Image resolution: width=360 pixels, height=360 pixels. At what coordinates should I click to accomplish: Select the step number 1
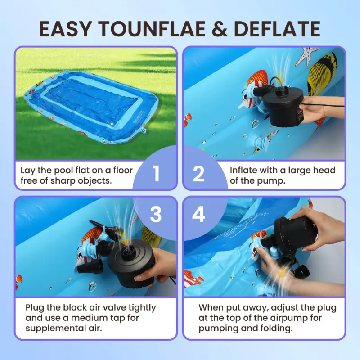tap(156, 174)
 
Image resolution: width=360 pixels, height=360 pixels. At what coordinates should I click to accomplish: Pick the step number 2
tap(199, 174)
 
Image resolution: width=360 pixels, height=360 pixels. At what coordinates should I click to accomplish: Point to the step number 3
tap(156, 215)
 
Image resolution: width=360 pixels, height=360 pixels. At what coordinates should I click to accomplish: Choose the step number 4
tap(198, 215)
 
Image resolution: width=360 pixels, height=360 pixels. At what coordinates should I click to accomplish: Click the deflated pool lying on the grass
tap(91, 106)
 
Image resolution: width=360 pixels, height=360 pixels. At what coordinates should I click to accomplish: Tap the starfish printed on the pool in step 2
tap(307, 56)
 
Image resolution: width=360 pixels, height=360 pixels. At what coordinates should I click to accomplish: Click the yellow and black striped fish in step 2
tap(322, 74)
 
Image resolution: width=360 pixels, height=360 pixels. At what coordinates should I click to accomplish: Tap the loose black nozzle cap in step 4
tap(302, 272)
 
